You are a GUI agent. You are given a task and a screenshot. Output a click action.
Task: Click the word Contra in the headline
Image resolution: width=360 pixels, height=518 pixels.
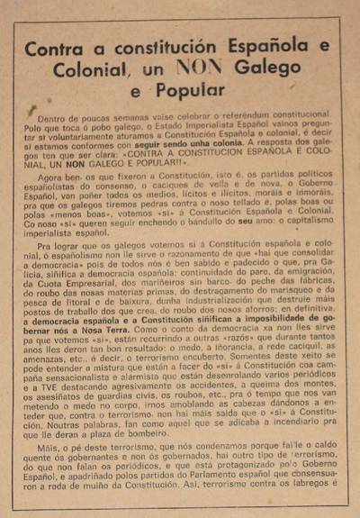click(57, 50)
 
